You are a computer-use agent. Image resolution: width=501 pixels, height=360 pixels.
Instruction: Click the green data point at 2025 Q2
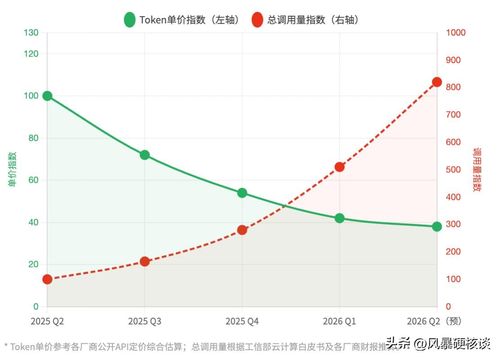pos(47,96)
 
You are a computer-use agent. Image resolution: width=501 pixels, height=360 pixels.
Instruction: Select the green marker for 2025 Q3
pos(145,155)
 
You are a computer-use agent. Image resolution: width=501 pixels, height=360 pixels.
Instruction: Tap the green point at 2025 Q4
pos(242,193)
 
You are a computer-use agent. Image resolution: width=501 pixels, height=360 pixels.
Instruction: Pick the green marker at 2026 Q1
pos(340,218)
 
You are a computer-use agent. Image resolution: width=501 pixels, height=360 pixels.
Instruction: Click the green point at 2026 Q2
pos(437,226)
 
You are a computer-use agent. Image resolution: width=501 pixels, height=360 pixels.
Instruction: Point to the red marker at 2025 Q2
pos(47,279)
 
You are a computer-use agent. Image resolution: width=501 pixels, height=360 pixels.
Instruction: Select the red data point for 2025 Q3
pos(145,261)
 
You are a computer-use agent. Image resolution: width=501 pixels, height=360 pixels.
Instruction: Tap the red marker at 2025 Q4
pos(242,230)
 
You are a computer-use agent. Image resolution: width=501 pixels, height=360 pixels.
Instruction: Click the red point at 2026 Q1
pos(340,167)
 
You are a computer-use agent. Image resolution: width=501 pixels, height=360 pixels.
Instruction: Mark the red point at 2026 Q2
pos(437,82)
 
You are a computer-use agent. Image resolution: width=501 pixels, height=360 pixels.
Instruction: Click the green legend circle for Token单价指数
pos(130,20)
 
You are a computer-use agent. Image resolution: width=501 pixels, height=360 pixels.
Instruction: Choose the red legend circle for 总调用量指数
pos(257,20)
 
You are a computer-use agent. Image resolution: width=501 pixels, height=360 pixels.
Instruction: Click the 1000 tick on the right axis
pos(456,33)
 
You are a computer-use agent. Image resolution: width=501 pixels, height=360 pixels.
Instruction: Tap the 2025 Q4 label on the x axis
pos(242,321)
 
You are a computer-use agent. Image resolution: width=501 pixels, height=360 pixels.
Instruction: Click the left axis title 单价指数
pos(12,169)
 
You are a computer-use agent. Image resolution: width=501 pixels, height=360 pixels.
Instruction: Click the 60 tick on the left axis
pos(33,180)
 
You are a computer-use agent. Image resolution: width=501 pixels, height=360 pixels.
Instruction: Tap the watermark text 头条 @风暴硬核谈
pos(438,345)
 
